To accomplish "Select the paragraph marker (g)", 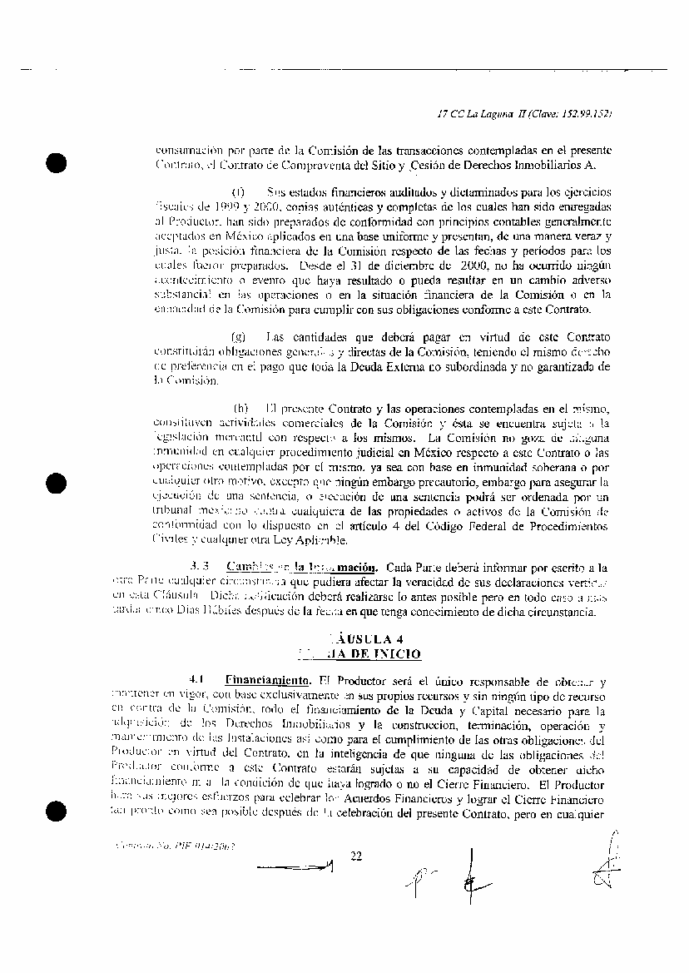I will click(240, 337).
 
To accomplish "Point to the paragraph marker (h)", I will click(241, 409).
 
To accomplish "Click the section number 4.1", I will click(197, 680).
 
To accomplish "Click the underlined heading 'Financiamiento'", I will click(262, 680).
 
